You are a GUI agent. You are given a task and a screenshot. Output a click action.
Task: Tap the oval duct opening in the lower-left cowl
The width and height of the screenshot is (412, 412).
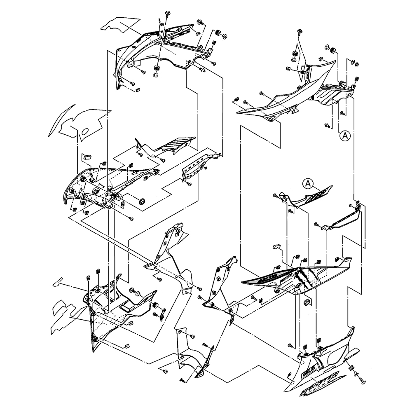tap(129, 305)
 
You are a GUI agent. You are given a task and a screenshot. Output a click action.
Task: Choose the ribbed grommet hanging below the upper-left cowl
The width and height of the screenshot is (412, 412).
tap(157, 69)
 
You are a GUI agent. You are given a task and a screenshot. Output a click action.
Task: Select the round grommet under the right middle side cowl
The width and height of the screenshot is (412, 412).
tap(307, 303)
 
